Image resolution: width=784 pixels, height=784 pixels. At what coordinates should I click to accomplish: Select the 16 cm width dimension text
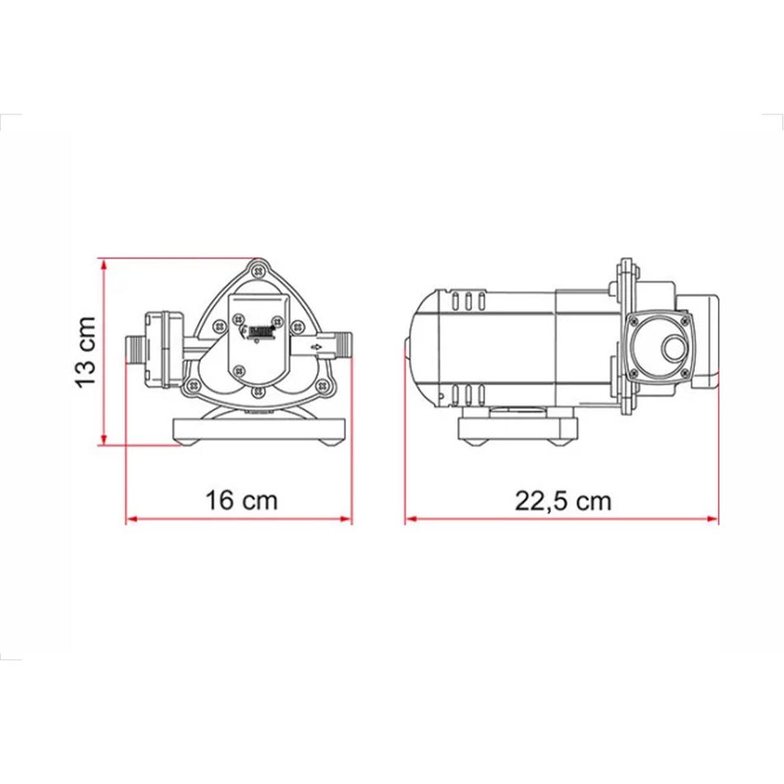point(242,500)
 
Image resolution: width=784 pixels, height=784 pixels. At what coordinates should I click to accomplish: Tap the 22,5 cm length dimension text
point(564,500)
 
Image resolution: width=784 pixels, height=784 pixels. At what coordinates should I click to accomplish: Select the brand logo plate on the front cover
point(262,330)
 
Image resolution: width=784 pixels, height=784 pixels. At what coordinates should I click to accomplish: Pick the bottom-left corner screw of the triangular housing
point(193,384)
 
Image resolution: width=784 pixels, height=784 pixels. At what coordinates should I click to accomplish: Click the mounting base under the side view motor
point(519,430)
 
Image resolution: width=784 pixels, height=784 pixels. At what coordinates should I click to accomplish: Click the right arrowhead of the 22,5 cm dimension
point(713,519)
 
